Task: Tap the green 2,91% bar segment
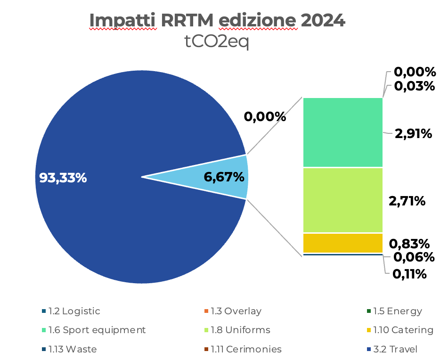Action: tap(342, 132)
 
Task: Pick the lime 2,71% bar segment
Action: tap(342, 200)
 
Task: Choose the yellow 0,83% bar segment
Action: tap(342, 243)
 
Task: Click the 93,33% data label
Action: tap(63, 178)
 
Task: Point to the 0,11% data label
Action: tap(409, 274)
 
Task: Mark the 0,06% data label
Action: tap(413, 257)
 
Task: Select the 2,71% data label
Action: tap(407, 201)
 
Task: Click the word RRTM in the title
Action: tap(187, 20)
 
